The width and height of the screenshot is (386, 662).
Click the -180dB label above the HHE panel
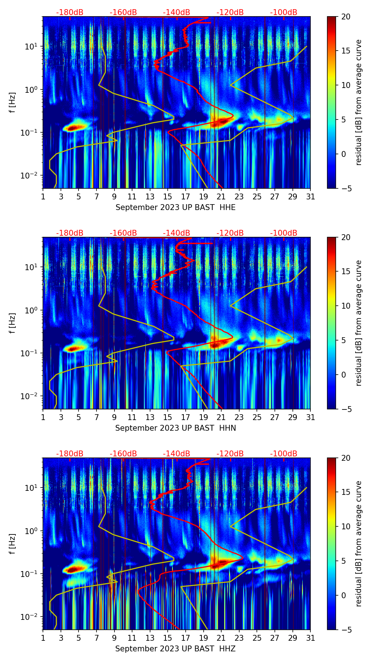click(70, 12)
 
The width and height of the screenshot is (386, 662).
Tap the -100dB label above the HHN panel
click(284, 233)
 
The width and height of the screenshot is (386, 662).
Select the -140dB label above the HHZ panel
click(176, 454)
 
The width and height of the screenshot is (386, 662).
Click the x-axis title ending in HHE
click(175, 207)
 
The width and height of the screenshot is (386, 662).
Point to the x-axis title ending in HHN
click(175, 428)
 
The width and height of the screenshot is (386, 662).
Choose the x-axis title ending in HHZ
click(175, 649)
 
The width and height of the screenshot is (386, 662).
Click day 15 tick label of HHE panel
click(168, 197)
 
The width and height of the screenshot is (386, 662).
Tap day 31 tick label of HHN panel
click(310, 418)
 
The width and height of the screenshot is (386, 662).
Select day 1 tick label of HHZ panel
click(43, 638)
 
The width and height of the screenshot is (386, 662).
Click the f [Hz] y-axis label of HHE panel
click(13, 103)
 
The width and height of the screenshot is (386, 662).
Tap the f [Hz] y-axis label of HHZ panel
click(13, 544)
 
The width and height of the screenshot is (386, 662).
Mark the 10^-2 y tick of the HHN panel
click(31, 396)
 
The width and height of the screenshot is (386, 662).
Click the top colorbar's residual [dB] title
click(359, 103)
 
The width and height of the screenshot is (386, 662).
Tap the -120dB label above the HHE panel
click(230, 12)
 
